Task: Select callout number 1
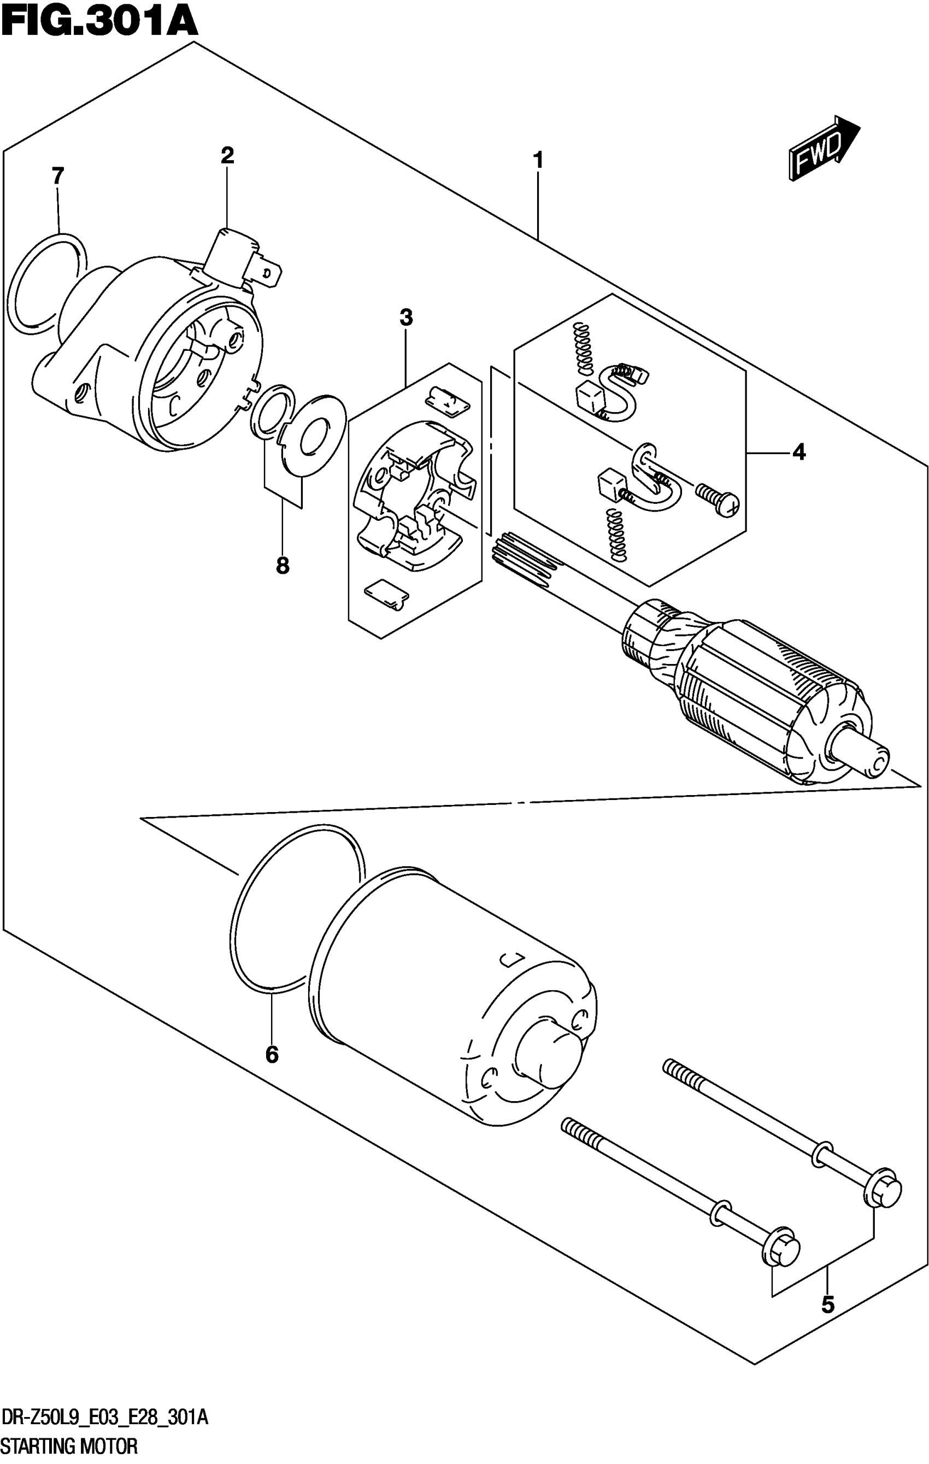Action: coord(538,161)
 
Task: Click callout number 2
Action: coord(227,156)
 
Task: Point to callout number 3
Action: coord(406,317)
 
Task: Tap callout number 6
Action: coord(272,1055)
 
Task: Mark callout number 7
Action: coord(57,177)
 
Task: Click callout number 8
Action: coord(282,567)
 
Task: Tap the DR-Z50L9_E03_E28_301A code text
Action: coord(105,1419)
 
